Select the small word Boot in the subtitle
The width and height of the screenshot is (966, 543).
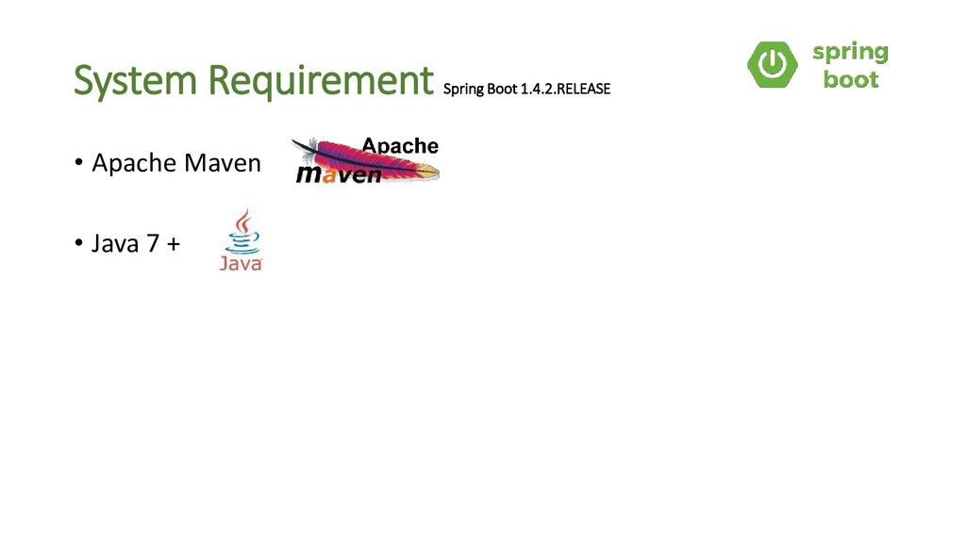click(x=500, y=90)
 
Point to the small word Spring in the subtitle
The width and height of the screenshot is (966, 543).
click(x=461, y=90)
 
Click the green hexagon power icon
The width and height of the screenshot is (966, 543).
click(x=772, y=64)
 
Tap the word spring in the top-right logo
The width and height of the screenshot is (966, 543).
click(x=850, y=52)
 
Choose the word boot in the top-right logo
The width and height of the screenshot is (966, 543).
click(x=851, y=79)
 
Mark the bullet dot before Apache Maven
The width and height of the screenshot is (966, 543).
click(x=79, y=163)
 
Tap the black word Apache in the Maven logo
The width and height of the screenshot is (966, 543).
click(x=401, y=146)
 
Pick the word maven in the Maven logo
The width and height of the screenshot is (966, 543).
click(x=339, y=174)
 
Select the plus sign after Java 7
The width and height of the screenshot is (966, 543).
click(x=174, y=245)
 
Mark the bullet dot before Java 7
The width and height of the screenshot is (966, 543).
click(x=79, y=244)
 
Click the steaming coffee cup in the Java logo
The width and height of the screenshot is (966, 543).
click(x=243, y=234)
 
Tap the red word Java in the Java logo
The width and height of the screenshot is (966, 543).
click(x=241, y=264)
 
